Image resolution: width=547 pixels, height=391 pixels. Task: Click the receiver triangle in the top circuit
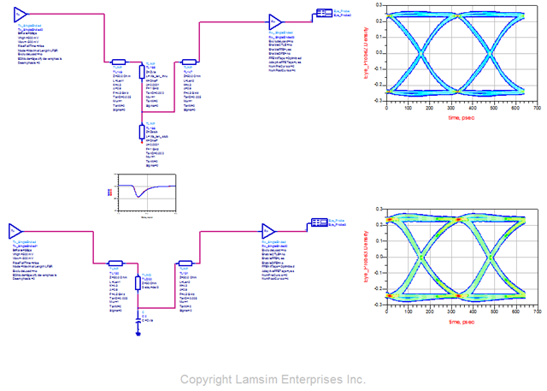pos(275,21)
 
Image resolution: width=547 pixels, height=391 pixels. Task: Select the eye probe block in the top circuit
pos(324,13)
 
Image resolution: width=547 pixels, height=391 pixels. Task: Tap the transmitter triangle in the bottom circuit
pos(15,232)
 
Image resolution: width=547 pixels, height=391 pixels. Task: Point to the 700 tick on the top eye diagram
pos(538,110)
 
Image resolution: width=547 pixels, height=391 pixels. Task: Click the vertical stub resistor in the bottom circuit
pos(138,283)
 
